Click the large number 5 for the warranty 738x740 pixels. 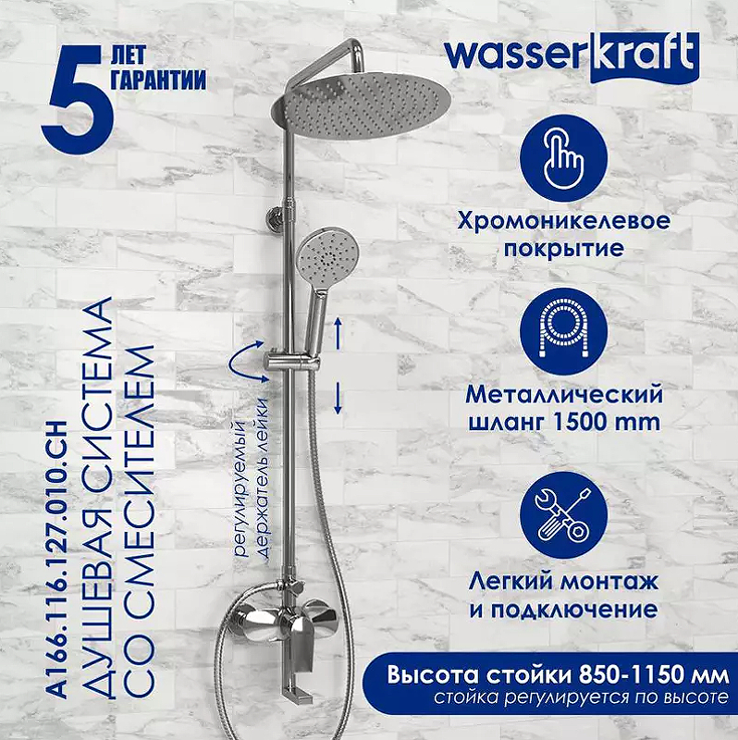(78, 101)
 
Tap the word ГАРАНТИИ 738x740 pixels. (159, 79)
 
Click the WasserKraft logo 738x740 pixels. (572, 57)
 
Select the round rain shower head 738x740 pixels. (361, 107)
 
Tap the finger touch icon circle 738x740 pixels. (564, 158)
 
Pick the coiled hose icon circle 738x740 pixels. (564, 332)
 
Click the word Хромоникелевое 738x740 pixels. (563, 221)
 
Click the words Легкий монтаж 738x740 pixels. (563, 582)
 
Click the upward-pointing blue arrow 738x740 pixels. (338, 334)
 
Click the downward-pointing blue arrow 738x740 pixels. (338, 399)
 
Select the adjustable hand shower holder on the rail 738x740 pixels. (293, 363)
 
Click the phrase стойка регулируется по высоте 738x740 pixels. (582, 698)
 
